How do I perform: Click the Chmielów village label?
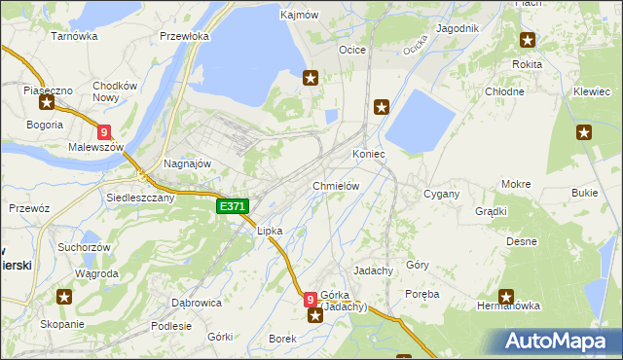pos(337,185)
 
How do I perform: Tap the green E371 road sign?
pos(234,206)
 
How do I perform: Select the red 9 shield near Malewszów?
pos(104,132)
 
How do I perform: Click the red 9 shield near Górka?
pos(311,300)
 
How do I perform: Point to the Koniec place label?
pos(369,154)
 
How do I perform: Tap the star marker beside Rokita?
pos(528,40)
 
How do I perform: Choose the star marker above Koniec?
pos(382,107)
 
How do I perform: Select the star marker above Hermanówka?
pos(506,297)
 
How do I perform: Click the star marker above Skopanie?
pos(64,297)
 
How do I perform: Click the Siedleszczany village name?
pos(140,197)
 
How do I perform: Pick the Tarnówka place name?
pos(75,36)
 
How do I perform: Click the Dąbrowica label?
pos(196,303)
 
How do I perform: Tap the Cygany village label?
pos(441,194)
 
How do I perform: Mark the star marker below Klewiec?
pos(584,133)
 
